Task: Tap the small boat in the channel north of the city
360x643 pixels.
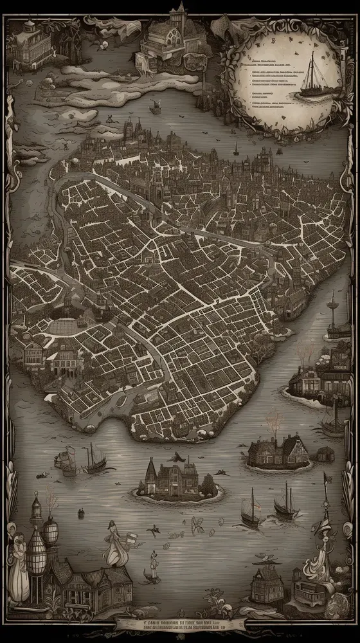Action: (x=235, y=152)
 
